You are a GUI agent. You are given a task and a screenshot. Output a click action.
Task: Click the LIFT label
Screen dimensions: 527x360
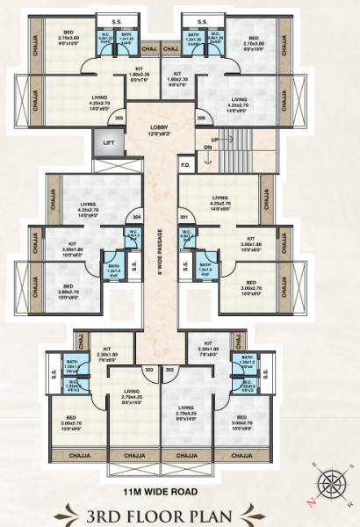(109, 142)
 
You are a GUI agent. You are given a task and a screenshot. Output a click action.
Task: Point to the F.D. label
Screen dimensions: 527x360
(185, 163)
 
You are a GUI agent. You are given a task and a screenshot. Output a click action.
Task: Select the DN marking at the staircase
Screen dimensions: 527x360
(207, 148)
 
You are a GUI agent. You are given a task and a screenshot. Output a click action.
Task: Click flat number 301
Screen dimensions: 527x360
(184, 216)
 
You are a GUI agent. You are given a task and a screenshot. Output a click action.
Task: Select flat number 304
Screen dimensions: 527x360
(135, 216)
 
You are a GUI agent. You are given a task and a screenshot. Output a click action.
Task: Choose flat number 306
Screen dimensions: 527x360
(200, 117)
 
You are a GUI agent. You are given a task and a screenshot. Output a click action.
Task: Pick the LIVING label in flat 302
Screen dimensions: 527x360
(185, 408)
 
